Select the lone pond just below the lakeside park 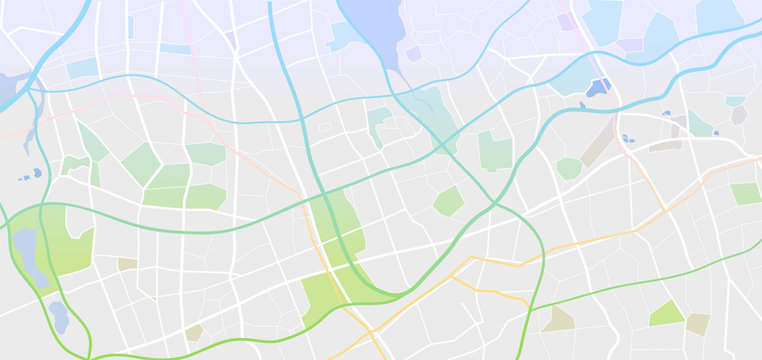(58, 316)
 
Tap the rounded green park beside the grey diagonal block (569, 168)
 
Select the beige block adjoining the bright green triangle (697, 323)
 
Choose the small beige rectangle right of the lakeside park (127, 264)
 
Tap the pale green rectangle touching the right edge (746, 194)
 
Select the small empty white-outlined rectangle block (324, 127)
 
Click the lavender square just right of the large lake (413, 54)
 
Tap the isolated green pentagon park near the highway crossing (448, 202)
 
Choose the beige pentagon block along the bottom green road (194, 332)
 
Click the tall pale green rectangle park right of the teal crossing (495, 151)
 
